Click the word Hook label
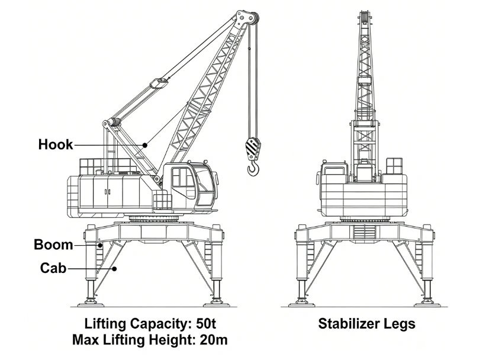coord(56,144)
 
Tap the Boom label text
coord(53,245)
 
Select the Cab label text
coord(53,268)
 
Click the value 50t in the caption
coord(206,324)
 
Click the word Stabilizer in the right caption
coord(347,324)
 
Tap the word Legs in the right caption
coord(397,324)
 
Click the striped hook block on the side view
coord(253,148)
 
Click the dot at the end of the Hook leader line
coord(145,145)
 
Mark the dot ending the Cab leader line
coord(115,269)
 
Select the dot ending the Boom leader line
coord(101,245)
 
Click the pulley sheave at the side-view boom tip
coord(255,19)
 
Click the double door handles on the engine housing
coord(108,192)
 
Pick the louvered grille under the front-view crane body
coord(365,232)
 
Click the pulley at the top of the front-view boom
coord(365,17)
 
